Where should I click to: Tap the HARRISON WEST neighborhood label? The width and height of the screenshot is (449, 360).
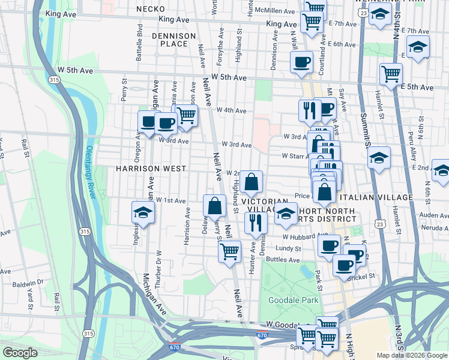(143, 169)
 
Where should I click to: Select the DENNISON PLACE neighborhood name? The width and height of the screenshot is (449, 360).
(174, 40)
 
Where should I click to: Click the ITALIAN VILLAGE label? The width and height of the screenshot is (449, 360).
(376, 197)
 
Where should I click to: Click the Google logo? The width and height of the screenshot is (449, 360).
(20, 353)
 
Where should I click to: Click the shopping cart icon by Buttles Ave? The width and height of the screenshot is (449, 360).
(229, 251)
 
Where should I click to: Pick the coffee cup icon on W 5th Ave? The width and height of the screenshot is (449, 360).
(301, 61)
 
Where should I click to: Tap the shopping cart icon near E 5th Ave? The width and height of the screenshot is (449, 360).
(391, 74)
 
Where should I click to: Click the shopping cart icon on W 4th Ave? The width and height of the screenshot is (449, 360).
(187, 114)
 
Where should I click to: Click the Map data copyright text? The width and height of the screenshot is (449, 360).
(412, 355)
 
